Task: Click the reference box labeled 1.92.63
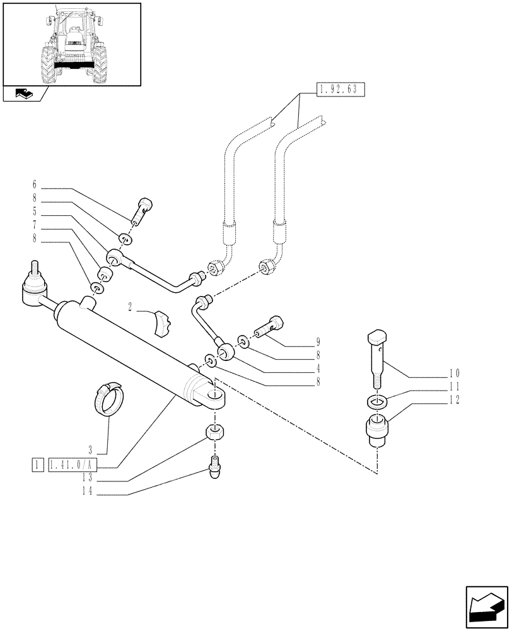point(339,89)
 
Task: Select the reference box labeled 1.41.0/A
point(73,466)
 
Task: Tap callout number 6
point(35,186)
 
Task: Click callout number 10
point(455,373)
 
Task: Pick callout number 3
point(91,451)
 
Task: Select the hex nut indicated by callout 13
point(216,433)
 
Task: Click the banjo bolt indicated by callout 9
point(269,327)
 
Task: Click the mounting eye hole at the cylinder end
point(218,398)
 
